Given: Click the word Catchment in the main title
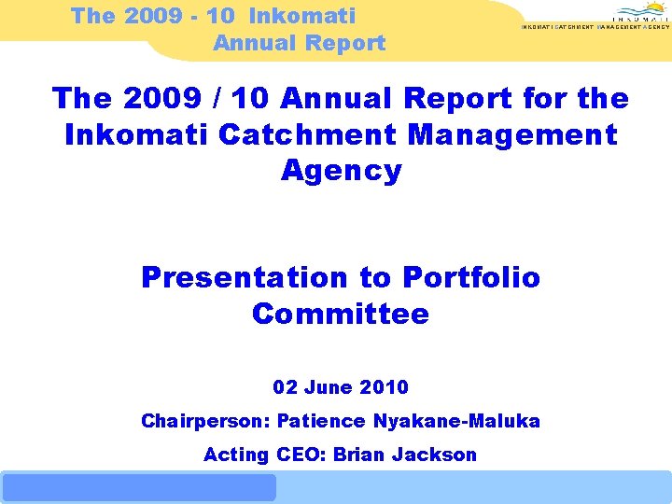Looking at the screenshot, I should click(x=307, y=134).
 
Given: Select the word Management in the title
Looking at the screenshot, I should click(x=512, y=134).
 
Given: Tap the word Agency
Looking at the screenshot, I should click(x=341, y=171).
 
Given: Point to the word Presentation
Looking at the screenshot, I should click(x=244, y=277).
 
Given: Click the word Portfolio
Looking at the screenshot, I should click(x=471, y=277).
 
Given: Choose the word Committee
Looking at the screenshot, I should click(x=341, y=314).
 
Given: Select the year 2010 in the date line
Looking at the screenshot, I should click(x=386, y=386).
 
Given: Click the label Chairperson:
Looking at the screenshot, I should click(x=203, y=421).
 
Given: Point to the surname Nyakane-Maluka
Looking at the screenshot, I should click(x=456, y=421).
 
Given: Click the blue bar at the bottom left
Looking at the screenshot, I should click(x=139, y=487).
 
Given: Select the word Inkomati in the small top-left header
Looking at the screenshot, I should click(x=302, y=15).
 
